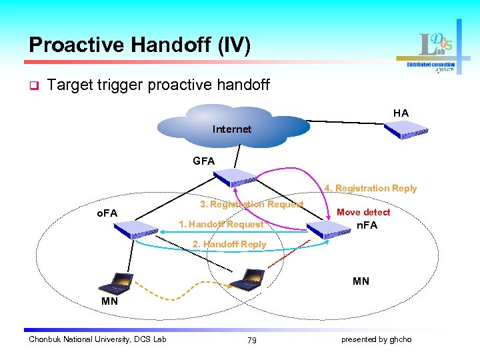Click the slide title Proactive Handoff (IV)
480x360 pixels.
tap(139, 45)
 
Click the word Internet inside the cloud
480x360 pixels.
tap(231, 129)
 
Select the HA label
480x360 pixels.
tap(401, 113)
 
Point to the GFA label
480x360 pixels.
tap(203, 161)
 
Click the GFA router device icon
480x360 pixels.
tap(234, 177)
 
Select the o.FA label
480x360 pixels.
tap(107, 213)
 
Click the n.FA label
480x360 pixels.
tap(367, 225)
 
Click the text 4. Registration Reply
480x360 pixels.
tap(371, 189)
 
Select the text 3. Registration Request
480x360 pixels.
tap(251, 204)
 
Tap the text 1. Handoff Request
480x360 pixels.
tap(221, 224)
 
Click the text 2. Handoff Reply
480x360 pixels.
tap(229, 245)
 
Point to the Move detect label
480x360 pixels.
tap(363, 212)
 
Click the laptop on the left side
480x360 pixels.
tap(115, 283)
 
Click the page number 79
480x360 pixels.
tap(251, 340)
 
